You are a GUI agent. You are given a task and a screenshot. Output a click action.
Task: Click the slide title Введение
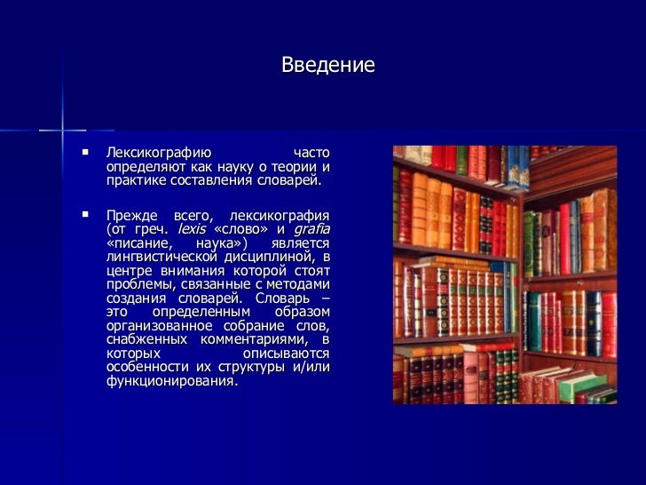(327, 66)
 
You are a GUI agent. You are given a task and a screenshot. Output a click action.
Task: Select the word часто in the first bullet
(311, 153)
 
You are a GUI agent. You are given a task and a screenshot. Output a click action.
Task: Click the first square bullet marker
(86, 153)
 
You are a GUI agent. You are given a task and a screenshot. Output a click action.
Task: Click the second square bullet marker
(86, 215)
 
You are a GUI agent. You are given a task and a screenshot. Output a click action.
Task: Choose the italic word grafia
(311, 229)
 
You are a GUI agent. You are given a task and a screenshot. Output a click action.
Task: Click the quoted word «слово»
(242, 229)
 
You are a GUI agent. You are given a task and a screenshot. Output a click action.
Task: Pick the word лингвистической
(162, 257)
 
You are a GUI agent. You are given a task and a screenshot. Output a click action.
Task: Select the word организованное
(161, 326)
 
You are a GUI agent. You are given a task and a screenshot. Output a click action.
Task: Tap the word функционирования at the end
(171, 381)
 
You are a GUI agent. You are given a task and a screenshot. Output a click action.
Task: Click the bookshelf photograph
(504, 274)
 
